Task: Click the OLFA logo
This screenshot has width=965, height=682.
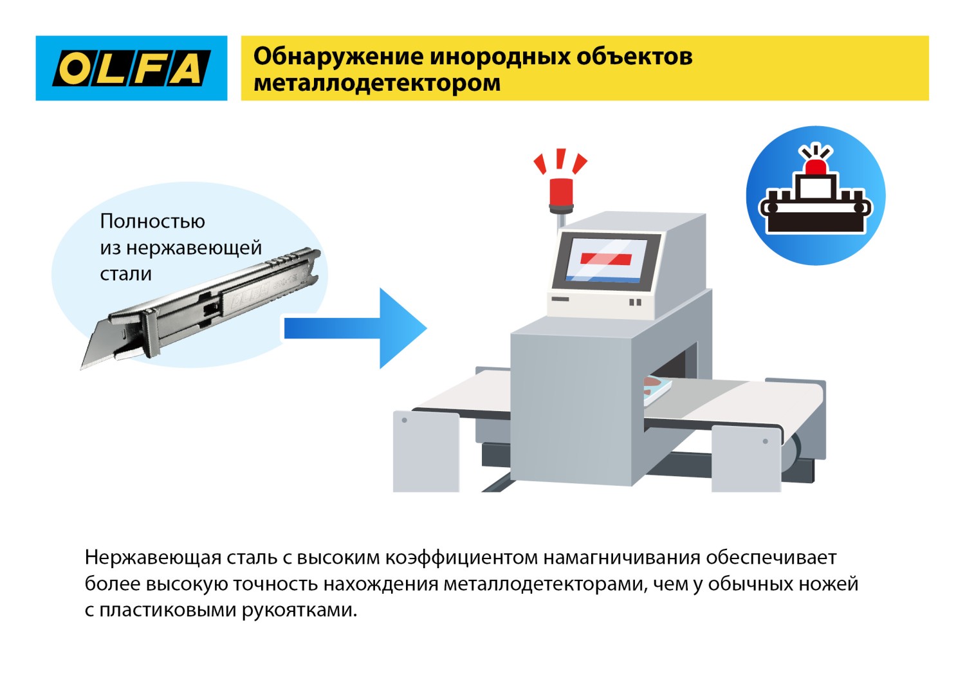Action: coord(131,68)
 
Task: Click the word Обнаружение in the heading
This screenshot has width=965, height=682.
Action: coord(338,57)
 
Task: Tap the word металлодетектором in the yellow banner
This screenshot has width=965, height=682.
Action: coord(377,84)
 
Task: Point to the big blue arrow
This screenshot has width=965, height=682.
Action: coord(360,328)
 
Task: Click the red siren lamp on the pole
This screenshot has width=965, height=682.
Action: coord(561,192)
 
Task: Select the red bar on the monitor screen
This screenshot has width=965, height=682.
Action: coord(606,259)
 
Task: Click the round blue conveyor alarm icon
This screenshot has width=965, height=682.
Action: coord(816,196)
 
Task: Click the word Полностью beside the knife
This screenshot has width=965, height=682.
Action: coord(152,221)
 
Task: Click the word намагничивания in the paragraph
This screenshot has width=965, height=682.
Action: coord(621,557)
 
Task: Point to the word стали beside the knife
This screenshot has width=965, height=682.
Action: coord(126,274)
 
